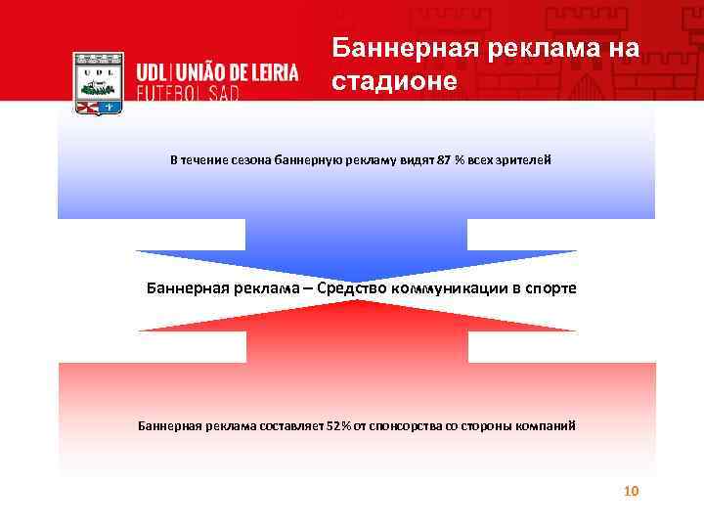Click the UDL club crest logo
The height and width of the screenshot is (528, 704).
[x=99, y=85]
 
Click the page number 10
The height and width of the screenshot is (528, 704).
[x=631, y=491]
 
